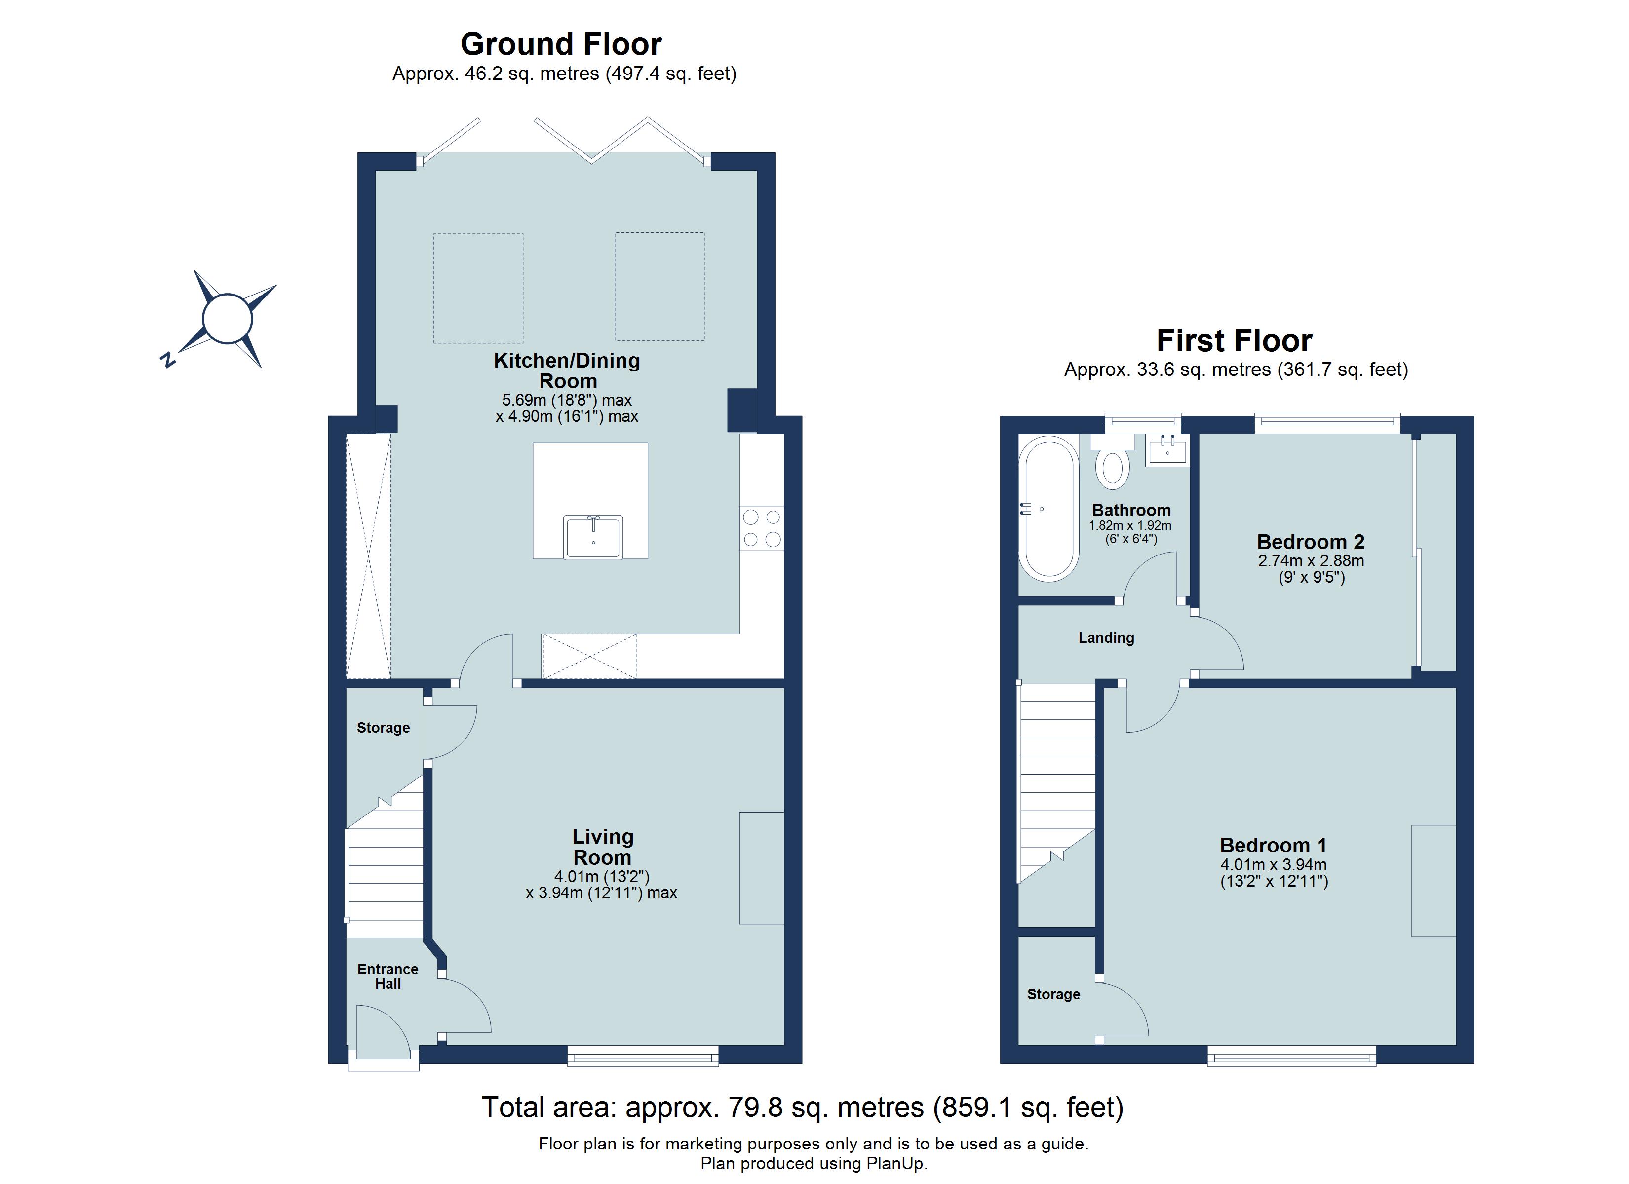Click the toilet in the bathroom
1112,467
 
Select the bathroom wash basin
1167,450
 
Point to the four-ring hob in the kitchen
761,528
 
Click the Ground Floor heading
560,44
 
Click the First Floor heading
1234,340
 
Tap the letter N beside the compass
167,360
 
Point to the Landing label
1106,637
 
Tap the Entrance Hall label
388,976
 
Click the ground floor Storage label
383,727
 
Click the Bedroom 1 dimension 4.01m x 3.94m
1274,865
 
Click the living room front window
643,1055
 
